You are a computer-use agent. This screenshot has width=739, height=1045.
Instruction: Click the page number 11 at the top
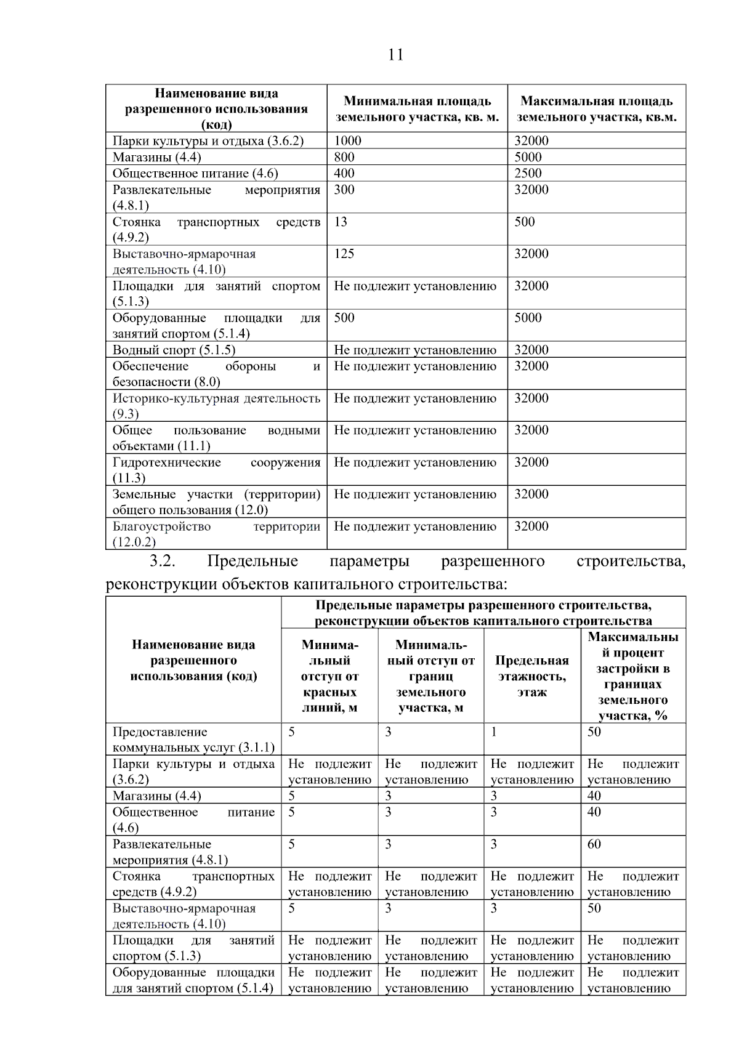[396, 55]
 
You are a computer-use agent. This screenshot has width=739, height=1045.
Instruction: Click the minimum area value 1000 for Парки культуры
[347, 140]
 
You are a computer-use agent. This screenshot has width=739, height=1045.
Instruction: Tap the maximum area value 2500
[528, 173]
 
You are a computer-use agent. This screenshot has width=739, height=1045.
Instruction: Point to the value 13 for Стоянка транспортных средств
[341, 222]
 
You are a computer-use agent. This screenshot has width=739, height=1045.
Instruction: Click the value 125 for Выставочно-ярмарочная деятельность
[344, 254]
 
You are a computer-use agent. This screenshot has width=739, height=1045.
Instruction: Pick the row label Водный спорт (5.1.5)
[174, 350]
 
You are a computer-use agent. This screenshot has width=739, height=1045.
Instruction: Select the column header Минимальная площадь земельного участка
[417, 109]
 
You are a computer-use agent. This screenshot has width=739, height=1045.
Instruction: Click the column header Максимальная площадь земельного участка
[596, 109]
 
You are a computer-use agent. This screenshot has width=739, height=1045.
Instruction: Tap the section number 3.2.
[163, 561]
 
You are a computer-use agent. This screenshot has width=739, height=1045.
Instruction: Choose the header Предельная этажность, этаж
[531, 676]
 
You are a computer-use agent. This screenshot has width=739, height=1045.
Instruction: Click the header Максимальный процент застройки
[632, 676]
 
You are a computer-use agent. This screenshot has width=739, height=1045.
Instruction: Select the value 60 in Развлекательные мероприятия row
[594, 844]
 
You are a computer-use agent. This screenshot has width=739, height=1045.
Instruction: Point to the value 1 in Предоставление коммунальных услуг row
[494, 732]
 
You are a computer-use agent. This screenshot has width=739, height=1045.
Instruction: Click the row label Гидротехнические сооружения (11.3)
[216, 470]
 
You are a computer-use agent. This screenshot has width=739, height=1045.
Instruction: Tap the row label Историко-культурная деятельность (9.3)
[216, 405]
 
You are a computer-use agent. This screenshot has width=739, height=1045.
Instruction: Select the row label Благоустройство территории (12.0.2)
[216, 534]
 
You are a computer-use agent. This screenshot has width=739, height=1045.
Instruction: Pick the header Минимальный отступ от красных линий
[329, 676]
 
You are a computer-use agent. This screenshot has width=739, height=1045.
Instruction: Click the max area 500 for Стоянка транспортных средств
[525, 222]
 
